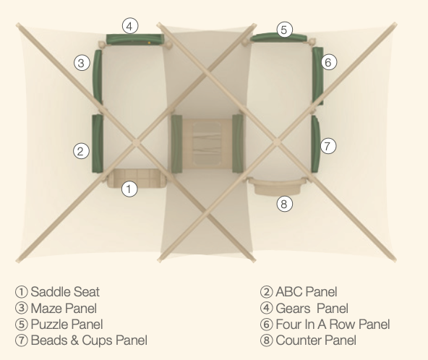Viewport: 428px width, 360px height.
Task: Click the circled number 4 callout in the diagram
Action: point(130,26)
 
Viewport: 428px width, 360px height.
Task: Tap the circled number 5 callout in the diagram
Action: point(284,30)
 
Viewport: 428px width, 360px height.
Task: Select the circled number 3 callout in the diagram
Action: point(82,63)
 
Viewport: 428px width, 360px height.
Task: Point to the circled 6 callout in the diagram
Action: point(328,62)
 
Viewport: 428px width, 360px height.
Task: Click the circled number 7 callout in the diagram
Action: point(328,146)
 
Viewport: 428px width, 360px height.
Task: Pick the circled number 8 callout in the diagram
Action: point(284,204)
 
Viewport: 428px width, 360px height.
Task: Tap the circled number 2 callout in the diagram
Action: point(81,150)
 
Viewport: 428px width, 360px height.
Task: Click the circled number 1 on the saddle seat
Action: point(129,189)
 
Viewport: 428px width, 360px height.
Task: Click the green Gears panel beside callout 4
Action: point(135,39)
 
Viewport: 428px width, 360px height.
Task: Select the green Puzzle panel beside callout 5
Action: point(278,38)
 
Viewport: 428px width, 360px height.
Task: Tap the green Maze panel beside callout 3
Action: point(98,77)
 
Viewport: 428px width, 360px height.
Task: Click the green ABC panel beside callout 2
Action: point(98,144)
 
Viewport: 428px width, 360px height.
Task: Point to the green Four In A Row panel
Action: point(318,76)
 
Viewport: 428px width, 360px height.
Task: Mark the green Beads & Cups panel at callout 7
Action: point(315,144)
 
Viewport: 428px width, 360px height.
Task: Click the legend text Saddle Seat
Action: point(65,292)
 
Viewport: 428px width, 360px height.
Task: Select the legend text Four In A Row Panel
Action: point(333,325)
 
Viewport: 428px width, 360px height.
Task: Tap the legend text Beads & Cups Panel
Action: point(89,340)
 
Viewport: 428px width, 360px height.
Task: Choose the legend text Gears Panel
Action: point(312,309)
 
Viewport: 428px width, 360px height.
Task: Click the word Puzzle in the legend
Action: point(46,325)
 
